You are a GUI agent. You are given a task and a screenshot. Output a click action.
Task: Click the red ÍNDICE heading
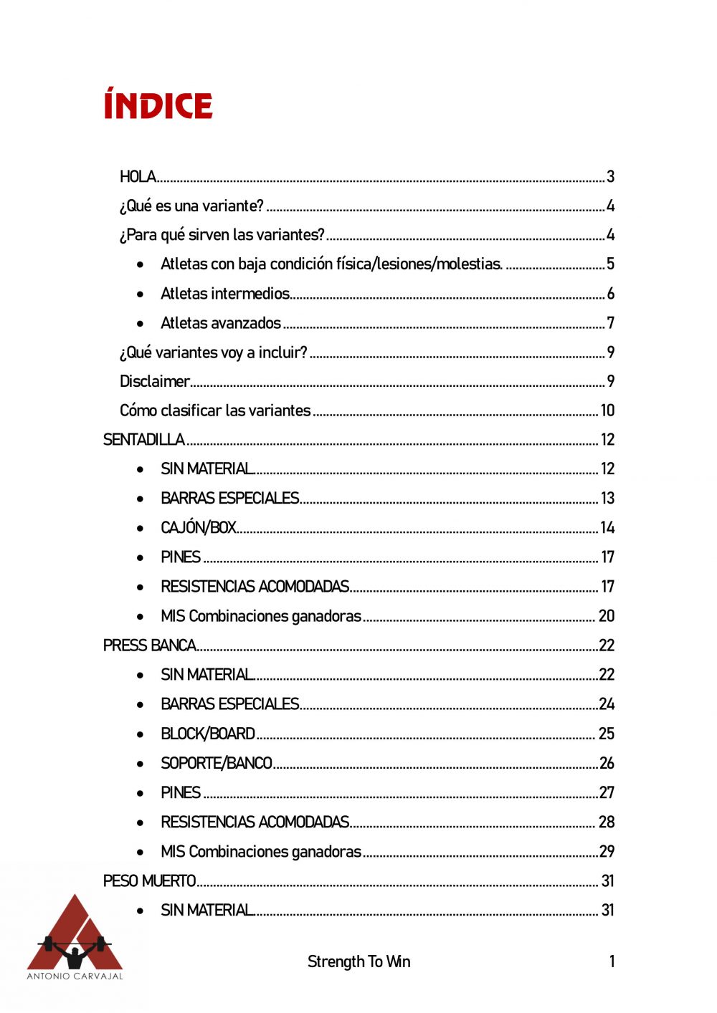(x=158, y=105)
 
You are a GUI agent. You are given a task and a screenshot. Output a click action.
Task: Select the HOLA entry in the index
(x=138, y=176)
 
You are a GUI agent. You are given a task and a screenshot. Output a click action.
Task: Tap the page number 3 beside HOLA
(x=610, y=176)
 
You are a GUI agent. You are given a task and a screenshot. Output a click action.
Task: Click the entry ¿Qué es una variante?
(x=191, y=206)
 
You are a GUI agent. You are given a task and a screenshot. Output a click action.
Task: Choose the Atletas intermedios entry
(x=224, y=294)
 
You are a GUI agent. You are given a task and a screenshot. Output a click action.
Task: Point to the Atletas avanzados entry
(x=221, y=323)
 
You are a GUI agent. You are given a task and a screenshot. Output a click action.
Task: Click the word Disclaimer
(x=154, y=381)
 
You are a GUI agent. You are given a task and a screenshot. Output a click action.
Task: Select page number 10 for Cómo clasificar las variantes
(x=607, y=411)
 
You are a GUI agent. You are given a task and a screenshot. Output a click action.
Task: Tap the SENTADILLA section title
(x=143, y=440)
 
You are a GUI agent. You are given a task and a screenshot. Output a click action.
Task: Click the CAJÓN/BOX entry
(x=199, y=528)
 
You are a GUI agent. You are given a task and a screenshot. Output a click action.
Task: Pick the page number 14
(x=607, y=528)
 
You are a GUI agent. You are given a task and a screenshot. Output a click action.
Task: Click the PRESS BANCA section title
(x=149, y=645)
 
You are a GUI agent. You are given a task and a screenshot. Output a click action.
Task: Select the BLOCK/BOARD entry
(x=208, y=734)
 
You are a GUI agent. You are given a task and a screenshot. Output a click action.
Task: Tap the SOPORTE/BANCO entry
(x=217, y=763)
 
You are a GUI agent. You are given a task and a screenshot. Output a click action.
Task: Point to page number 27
(x=607, y=792)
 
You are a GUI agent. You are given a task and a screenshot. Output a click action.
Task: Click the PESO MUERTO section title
(x=149, y=880)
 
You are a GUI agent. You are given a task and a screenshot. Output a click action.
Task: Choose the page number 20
(x=607, y=616)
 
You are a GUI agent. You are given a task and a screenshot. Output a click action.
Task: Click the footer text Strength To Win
(x=358, y=961)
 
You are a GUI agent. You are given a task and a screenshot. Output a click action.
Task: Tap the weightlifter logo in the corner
(x=75, y=931)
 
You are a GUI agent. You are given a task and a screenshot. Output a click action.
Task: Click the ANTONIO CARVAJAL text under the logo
(x=75, y=976)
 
